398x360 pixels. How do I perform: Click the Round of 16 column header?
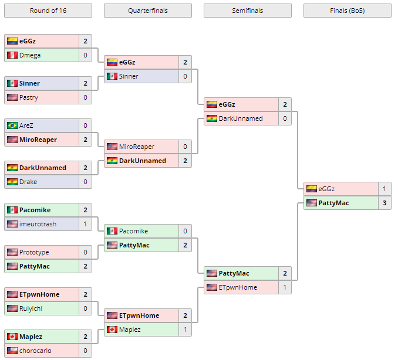(48, 11)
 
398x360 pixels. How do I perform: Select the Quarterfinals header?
(147, 11)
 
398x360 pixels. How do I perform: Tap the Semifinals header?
(247, 11)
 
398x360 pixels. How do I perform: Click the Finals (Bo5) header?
(347, 11)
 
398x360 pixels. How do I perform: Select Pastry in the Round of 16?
(29, 97)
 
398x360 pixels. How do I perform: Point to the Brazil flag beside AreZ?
(12, 125)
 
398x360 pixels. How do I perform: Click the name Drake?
(28, 182)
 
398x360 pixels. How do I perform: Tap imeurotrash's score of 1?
(85, 224)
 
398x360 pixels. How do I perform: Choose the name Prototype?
(34, 252)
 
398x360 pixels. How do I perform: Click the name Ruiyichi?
(31, 308)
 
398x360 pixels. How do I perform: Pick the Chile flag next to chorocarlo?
(12, 351)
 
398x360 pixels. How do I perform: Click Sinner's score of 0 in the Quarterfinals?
(185, 76)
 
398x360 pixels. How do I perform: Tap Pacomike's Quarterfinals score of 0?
(185, 231)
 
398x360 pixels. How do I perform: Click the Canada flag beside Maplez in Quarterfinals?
(112, 330)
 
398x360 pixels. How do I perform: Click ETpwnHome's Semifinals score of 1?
(285, 287)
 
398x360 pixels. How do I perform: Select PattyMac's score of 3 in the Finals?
(384, 203)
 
